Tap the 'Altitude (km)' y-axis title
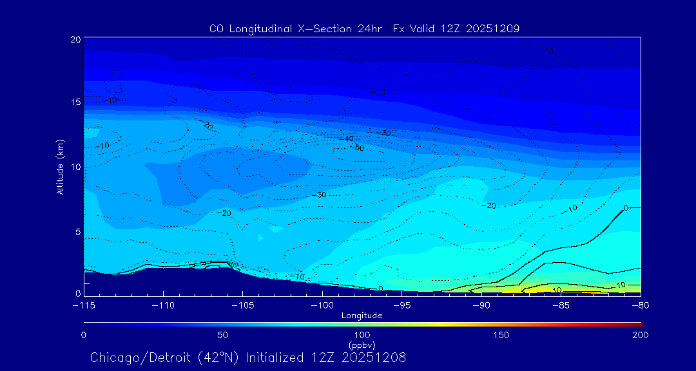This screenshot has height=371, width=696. click(x=60, y=167)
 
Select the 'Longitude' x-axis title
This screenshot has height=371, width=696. click(x=362, y=315)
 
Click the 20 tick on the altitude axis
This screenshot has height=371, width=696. click(x=75, y=39)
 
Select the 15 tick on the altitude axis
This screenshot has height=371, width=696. click(x=75, y=102)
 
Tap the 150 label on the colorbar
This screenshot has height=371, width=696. click(x=501, y=335)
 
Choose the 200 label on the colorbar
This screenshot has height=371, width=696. click(x=640, y=335)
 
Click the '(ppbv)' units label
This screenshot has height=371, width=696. click(x=362, y=345)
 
